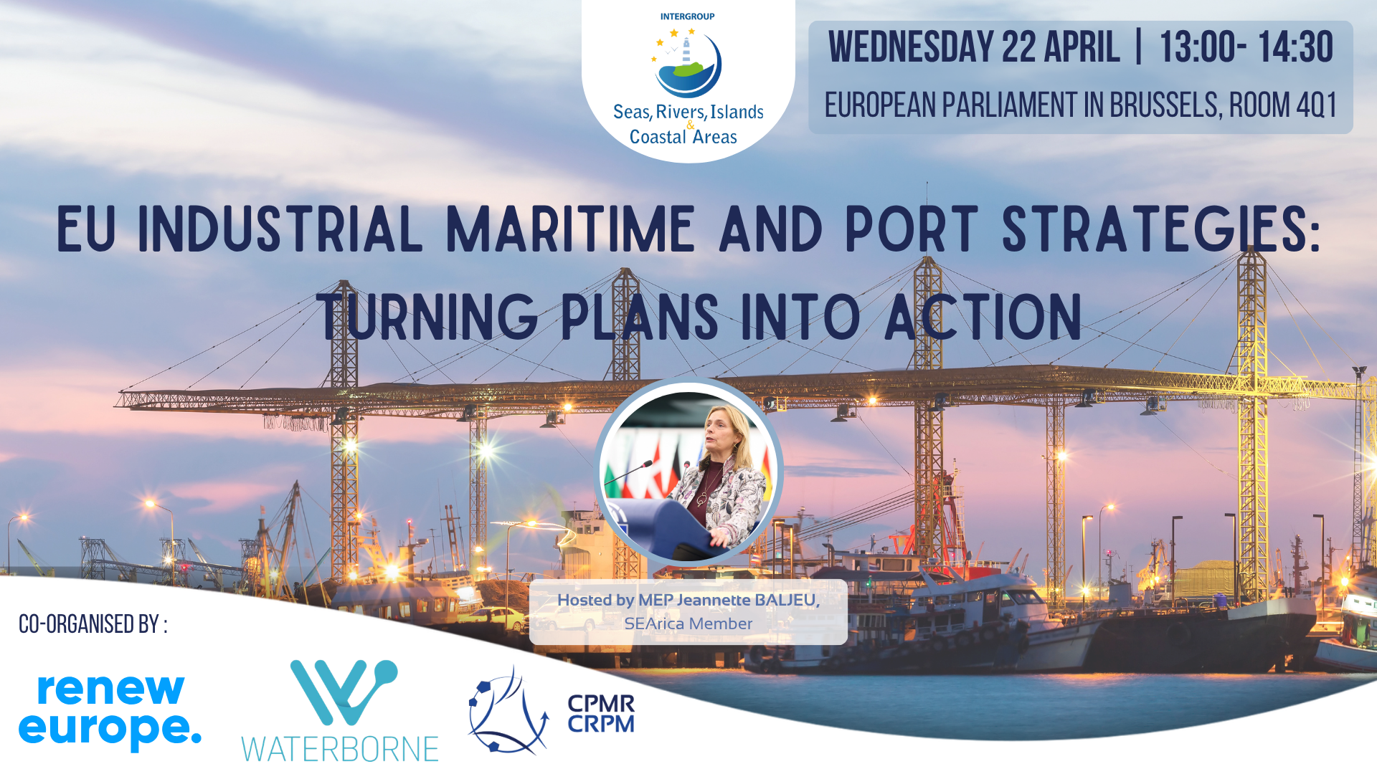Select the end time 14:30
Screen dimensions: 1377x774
1295,47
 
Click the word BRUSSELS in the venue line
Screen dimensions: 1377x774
1164,105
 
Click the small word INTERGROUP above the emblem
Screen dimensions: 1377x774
687,16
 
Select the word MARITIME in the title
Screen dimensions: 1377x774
571,229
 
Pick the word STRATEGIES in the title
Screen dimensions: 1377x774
1161,229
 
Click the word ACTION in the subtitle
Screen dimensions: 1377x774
983,316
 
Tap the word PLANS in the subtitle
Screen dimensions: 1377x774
639,316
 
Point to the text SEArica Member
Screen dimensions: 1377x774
688,623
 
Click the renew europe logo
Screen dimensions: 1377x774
110,712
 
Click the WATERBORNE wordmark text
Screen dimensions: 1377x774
339,749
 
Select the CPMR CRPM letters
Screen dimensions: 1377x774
601,714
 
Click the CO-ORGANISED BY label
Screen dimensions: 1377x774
93,624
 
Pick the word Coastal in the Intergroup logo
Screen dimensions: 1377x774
658,137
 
